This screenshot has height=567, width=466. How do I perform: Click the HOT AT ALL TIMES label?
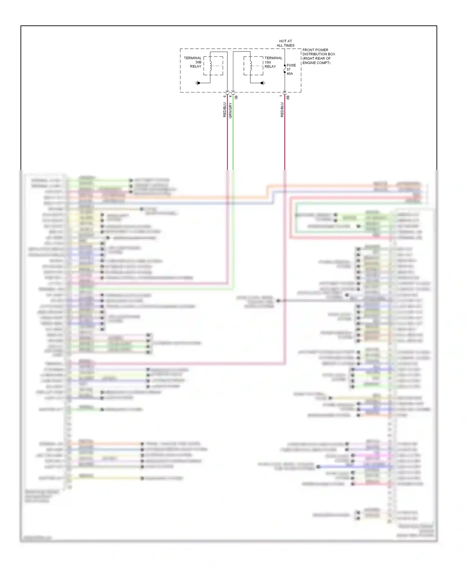286,43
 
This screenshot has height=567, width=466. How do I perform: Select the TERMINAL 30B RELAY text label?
193,62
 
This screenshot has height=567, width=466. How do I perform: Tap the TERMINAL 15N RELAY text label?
273,62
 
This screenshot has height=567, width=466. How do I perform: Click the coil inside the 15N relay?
250,65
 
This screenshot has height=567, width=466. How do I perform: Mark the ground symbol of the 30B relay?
197,83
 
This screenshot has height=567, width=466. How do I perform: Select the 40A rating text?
290,74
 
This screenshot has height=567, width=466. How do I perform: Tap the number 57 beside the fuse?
289,69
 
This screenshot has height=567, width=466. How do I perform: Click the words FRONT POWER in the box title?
315,50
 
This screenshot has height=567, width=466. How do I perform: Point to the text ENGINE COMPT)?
316,63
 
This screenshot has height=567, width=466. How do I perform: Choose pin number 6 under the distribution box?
225,96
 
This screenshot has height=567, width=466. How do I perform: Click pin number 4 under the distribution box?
231,96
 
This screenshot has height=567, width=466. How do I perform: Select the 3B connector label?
236,97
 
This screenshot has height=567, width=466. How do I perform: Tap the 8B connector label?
288,97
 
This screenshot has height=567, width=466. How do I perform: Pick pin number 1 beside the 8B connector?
281,96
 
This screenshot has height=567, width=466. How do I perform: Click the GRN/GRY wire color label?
231,111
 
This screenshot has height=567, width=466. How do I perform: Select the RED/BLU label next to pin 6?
225,110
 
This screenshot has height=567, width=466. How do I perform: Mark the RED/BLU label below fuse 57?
282,110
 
